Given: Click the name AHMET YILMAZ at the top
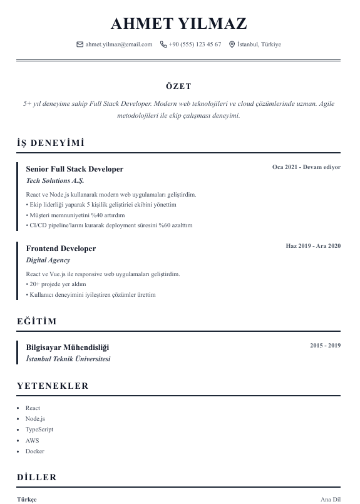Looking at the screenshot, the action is [x=179, y=24].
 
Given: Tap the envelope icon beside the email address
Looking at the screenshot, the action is [x=80, y=44].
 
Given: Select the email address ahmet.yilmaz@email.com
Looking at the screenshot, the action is [x=119, y=44].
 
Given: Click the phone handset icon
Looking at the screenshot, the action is [x=163, y=44].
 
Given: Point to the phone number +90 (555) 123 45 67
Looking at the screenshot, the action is [x=195, y=44].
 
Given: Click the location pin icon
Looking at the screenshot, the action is [x=232, y=44].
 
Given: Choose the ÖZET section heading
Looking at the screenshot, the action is [x=179, y=86].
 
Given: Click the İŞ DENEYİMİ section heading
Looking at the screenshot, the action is [x=51, y=143].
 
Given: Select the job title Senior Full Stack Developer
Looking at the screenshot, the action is [x=75, y=169].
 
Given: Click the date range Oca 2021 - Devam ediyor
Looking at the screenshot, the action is [x=306, y=167].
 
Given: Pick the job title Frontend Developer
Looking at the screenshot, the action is [x=61, y=249].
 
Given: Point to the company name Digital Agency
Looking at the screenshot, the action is [x=48, y=260].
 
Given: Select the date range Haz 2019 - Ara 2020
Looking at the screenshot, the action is [x=313, y=246].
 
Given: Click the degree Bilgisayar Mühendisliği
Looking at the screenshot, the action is [x=68, y=347].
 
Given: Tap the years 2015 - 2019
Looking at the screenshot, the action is [x=325, y=346].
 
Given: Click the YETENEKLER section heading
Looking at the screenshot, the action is [x=53, y=386].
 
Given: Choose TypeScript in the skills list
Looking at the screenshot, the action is [x=39, y=429].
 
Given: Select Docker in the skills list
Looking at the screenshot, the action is [x=34, y=451].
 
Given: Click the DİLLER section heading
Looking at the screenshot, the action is [x=37, y=478].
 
